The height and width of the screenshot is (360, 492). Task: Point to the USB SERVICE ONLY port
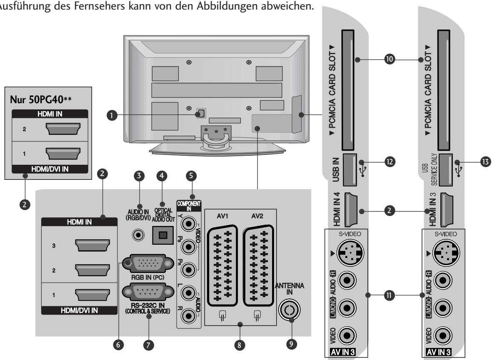click(x=447, y=169)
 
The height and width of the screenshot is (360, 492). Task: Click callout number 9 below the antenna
click(x=291, y=345)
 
